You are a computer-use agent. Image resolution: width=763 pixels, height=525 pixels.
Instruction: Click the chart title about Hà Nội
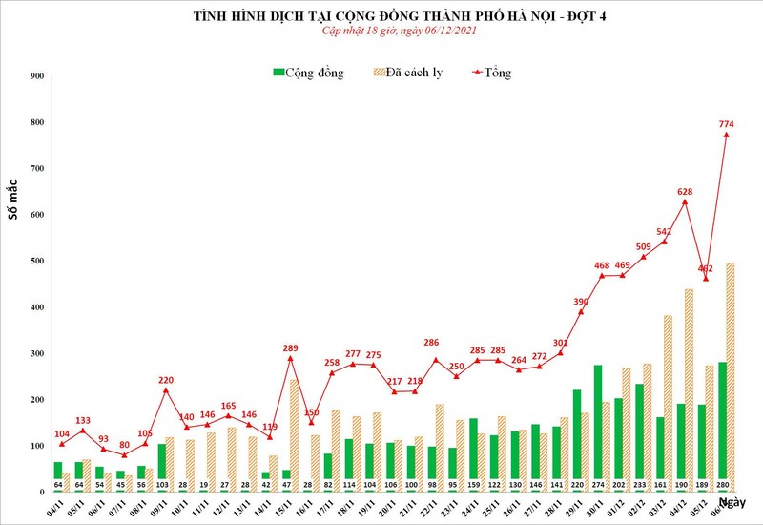tap(381, 16)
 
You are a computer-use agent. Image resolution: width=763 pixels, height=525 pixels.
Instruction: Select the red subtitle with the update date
tap(381, 31)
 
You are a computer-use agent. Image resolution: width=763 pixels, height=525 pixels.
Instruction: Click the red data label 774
tap(726, 123)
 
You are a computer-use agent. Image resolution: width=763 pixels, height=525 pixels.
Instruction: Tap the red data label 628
tap(684, 192)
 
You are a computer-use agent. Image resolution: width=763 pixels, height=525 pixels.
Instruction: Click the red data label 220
tap(165, 380)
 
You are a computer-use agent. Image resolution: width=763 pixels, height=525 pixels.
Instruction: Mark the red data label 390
tap(581, 301)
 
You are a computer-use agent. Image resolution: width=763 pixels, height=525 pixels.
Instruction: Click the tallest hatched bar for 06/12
tap(731, 376)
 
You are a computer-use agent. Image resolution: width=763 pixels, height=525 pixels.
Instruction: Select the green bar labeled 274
tap(598, 427)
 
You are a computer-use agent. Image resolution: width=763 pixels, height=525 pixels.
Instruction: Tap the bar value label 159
tap(474, 484)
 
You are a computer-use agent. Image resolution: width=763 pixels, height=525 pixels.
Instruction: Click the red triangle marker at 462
tap(706, 278)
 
